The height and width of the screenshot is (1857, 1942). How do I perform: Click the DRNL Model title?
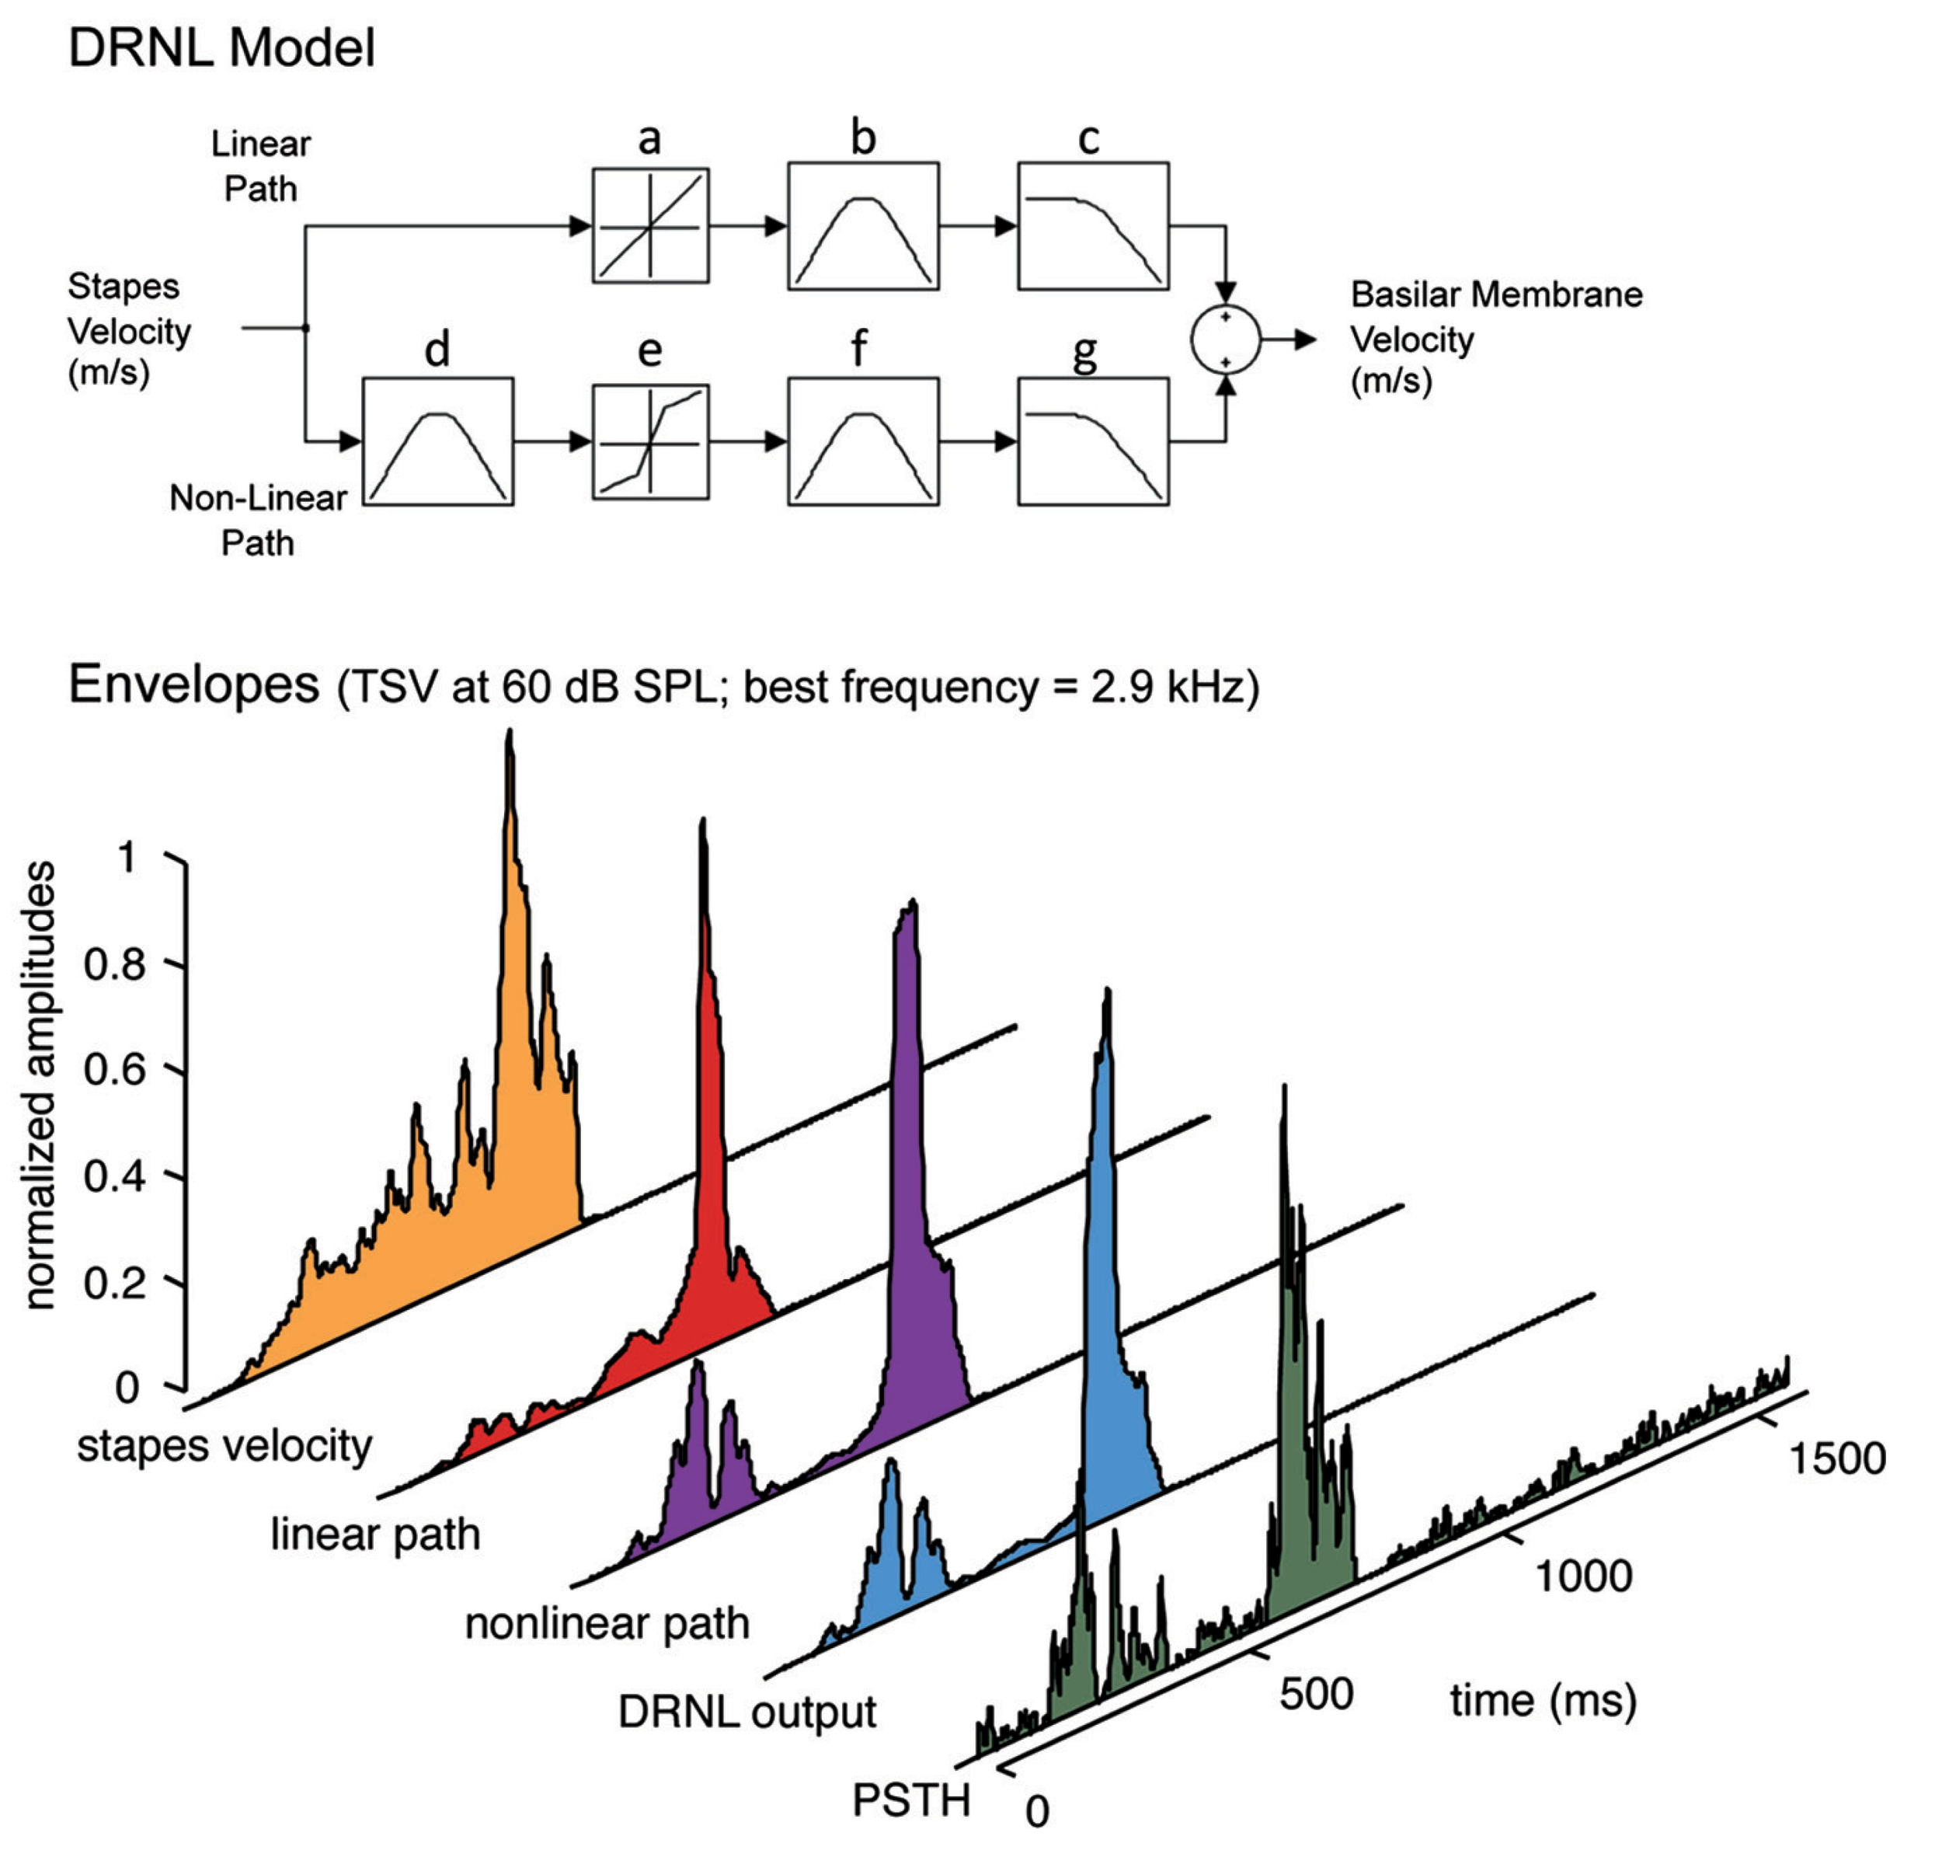coord(221,47)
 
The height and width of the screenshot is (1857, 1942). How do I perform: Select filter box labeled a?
coord(649,225)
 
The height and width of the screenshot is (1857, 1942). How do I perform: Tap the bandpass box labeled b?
coord(862,225)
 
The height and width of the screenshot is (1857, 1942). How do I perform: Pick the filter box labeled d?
coord(437,441)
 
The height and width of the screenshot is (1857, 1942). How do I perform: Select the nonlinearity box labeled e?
coord(649,441)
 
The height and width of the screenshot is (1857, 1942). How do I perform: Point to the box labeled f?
coord(862,441)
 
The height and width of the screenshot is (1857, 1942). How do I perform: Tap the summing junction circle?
coord(1224,340)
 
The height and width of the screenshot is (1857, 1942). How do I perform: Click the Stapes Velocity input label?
coord(129,329)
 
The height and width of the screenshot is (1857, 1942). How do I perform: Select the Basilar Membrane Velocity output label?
coord(1495,337)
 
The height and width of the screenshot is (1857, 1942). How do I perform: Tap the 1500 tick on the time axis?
coord(1836,1459)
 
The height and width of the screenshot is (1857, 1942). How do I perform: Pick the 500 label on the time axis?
coord(1315,1695)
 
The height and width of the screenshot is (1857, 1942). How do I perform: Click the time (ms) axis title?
coord(1542,1701)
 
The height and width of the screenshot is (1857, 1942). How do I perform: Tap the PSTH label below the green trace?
coord(910,1800)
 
